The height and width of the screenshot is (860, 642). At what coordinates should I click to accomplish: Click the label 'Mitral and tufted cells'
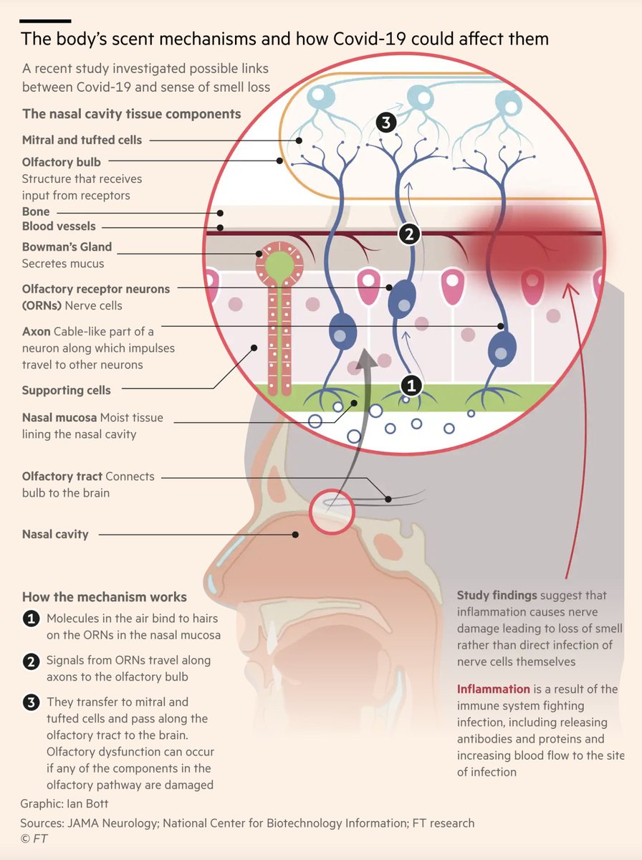(x=82, y=140)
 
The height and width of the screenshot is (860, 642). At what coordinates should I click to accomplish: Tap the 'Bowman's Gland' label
(x=67, y=247)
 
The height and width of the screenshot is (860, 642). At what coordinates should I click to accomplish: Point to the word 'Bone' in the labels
(x=36, y=212)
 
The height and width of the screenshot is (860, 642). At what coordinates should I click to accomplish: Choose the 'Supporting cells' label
(x=66, y=391)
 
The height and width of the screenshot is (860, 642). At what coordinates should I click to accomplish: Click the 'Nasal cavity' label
(x=55, y=534)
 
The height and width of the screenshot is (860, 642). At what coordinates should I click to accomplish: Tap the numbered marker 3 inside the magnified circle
(x=386, y=123)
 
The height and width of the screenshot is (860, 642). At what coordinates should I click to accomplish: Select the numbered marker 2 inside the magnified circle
(x=408, y=234)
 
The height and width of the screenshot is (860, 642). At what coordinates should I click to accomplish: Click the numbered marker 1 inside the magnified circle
(x=411, y=386)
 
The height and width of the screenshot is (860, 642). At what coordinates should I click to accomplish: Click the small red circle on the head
(x=332, y=512)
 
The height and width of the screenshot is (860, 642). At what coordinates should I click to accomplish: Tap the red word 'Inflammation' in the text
(x=494, y=689)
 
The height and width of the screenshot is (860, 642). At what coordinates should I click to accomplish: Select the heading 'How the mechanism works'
(x=105, y=597)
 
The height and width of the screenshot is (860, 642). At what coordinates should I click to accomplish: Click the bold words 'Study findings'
(x=497, y=596)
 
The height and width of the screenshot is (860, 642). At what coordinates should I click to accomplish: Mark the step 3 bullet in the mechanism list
(x=31, y=702)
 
